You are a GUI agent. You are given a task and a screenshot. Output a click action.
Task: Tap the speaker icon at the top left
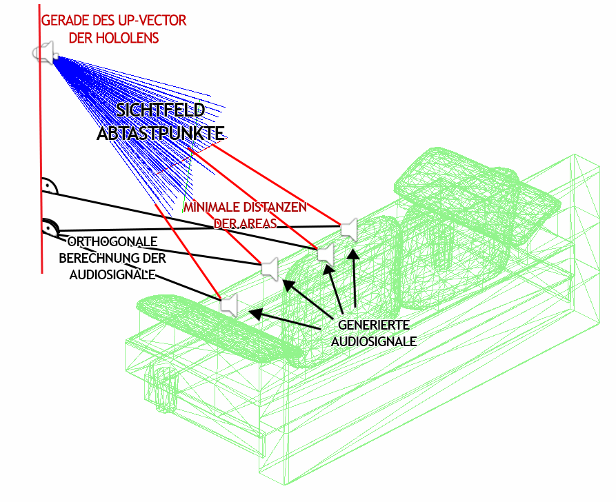click(x=43, y=52)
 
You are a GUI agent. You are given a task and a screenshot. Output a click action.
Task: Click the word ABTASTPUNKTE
click(x=160, y=133)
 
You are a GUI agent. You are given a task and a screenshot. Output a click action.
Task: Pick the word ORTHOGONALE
click(x=112, y=243)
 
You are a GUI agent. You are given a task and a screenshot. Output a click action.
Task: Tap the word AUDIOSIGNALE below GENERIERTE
click(x=374, y=341)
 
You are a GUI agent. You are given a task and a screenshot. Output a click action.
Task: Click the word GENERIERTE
click(x=374, y=325)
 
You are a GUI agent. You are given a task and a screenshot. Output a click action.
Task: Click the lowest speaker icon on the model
click(x=228, y=305)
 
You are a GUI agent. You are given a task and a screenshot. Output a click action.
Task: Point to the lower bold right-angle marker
click(x=50, y=227)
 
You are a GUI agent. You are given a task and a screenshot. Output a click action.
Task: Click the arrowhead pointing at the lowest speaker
click(x=255, y=314)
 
